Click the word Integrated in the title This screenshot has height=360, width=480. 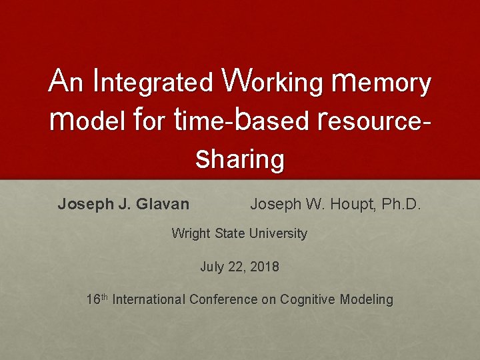coord(155,81)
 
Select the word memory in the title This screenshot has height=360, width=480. coord(381,83)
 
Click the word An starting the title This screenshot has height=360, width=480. coord(67,81)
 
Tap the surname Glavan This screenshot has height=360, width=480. coord(163,204)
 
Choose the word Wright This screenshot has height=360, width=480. coord(190,233)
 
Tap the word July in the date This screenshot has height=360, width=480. coord(212,267)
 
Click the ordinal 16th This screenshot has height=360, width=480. coord(97,299)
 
